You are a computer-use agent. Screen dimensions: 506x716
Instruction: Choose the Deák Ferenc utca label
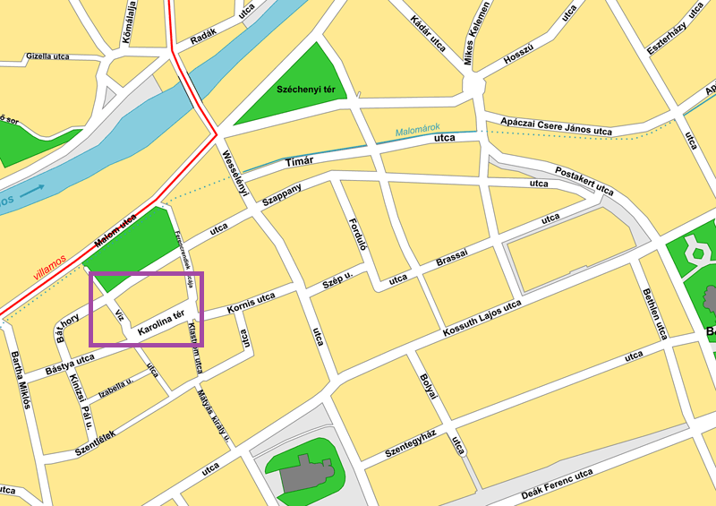557,484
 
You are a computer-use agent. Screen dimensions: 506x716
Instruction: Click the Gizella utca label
47,56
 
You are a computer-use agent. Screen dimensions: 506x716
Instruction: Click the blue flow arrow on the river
31,190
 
